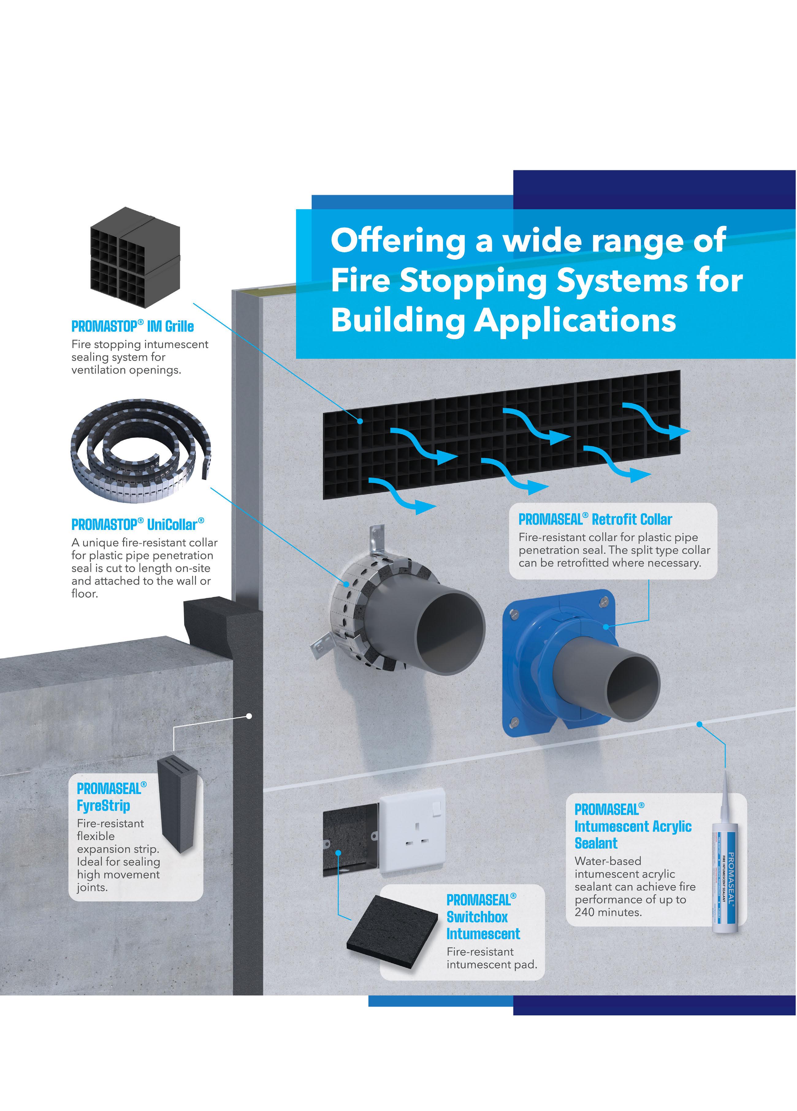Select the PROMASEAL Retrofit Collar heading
pyautogui.click(x=595, y=519)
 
